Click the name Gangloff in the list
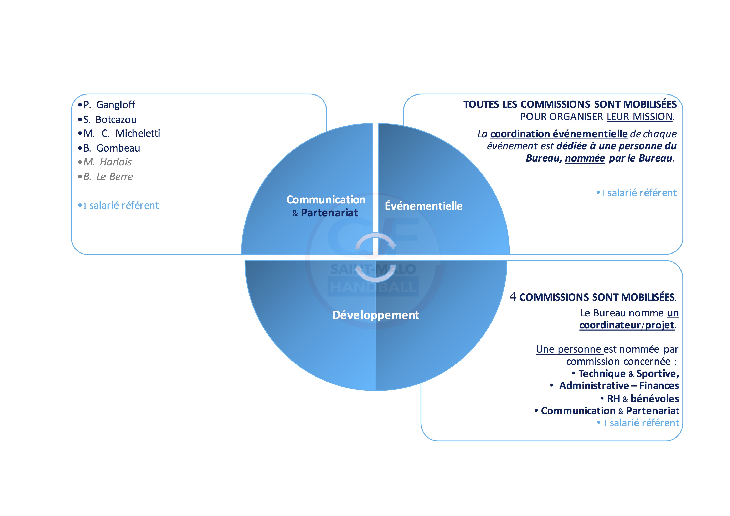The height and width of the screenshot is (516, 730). coord(115,105)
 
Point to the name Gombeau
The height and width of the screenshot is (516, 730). coord(118,148)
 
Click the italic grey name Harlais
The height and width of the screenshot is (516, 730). coord(115,162)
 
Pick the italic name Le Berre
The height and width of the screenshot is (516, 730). coord(114,177)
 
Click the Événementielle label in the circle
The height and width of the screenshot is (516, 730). coord(423,206)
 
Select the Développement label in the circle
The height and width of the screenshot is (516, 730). coord(375,315)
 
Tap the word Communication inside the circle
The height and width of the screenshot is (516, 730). coord(326,200)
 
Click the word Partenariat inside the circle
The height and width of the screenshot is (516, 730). coord(329,213)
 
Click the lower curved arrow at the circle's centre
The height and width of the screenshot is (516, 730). coord(375,274)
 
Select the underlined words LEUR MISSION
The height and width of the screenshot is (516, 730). coord(639,117)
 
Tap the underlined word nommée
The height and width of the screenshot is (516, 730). coord(585,158)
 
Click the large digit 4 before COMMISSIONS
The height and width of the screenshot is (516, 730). coord(513,296)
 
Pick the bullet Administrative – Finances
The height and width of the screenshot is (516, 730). coord(619,386)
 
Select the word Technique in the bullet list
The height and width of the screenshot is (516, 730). coord(602,374)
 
